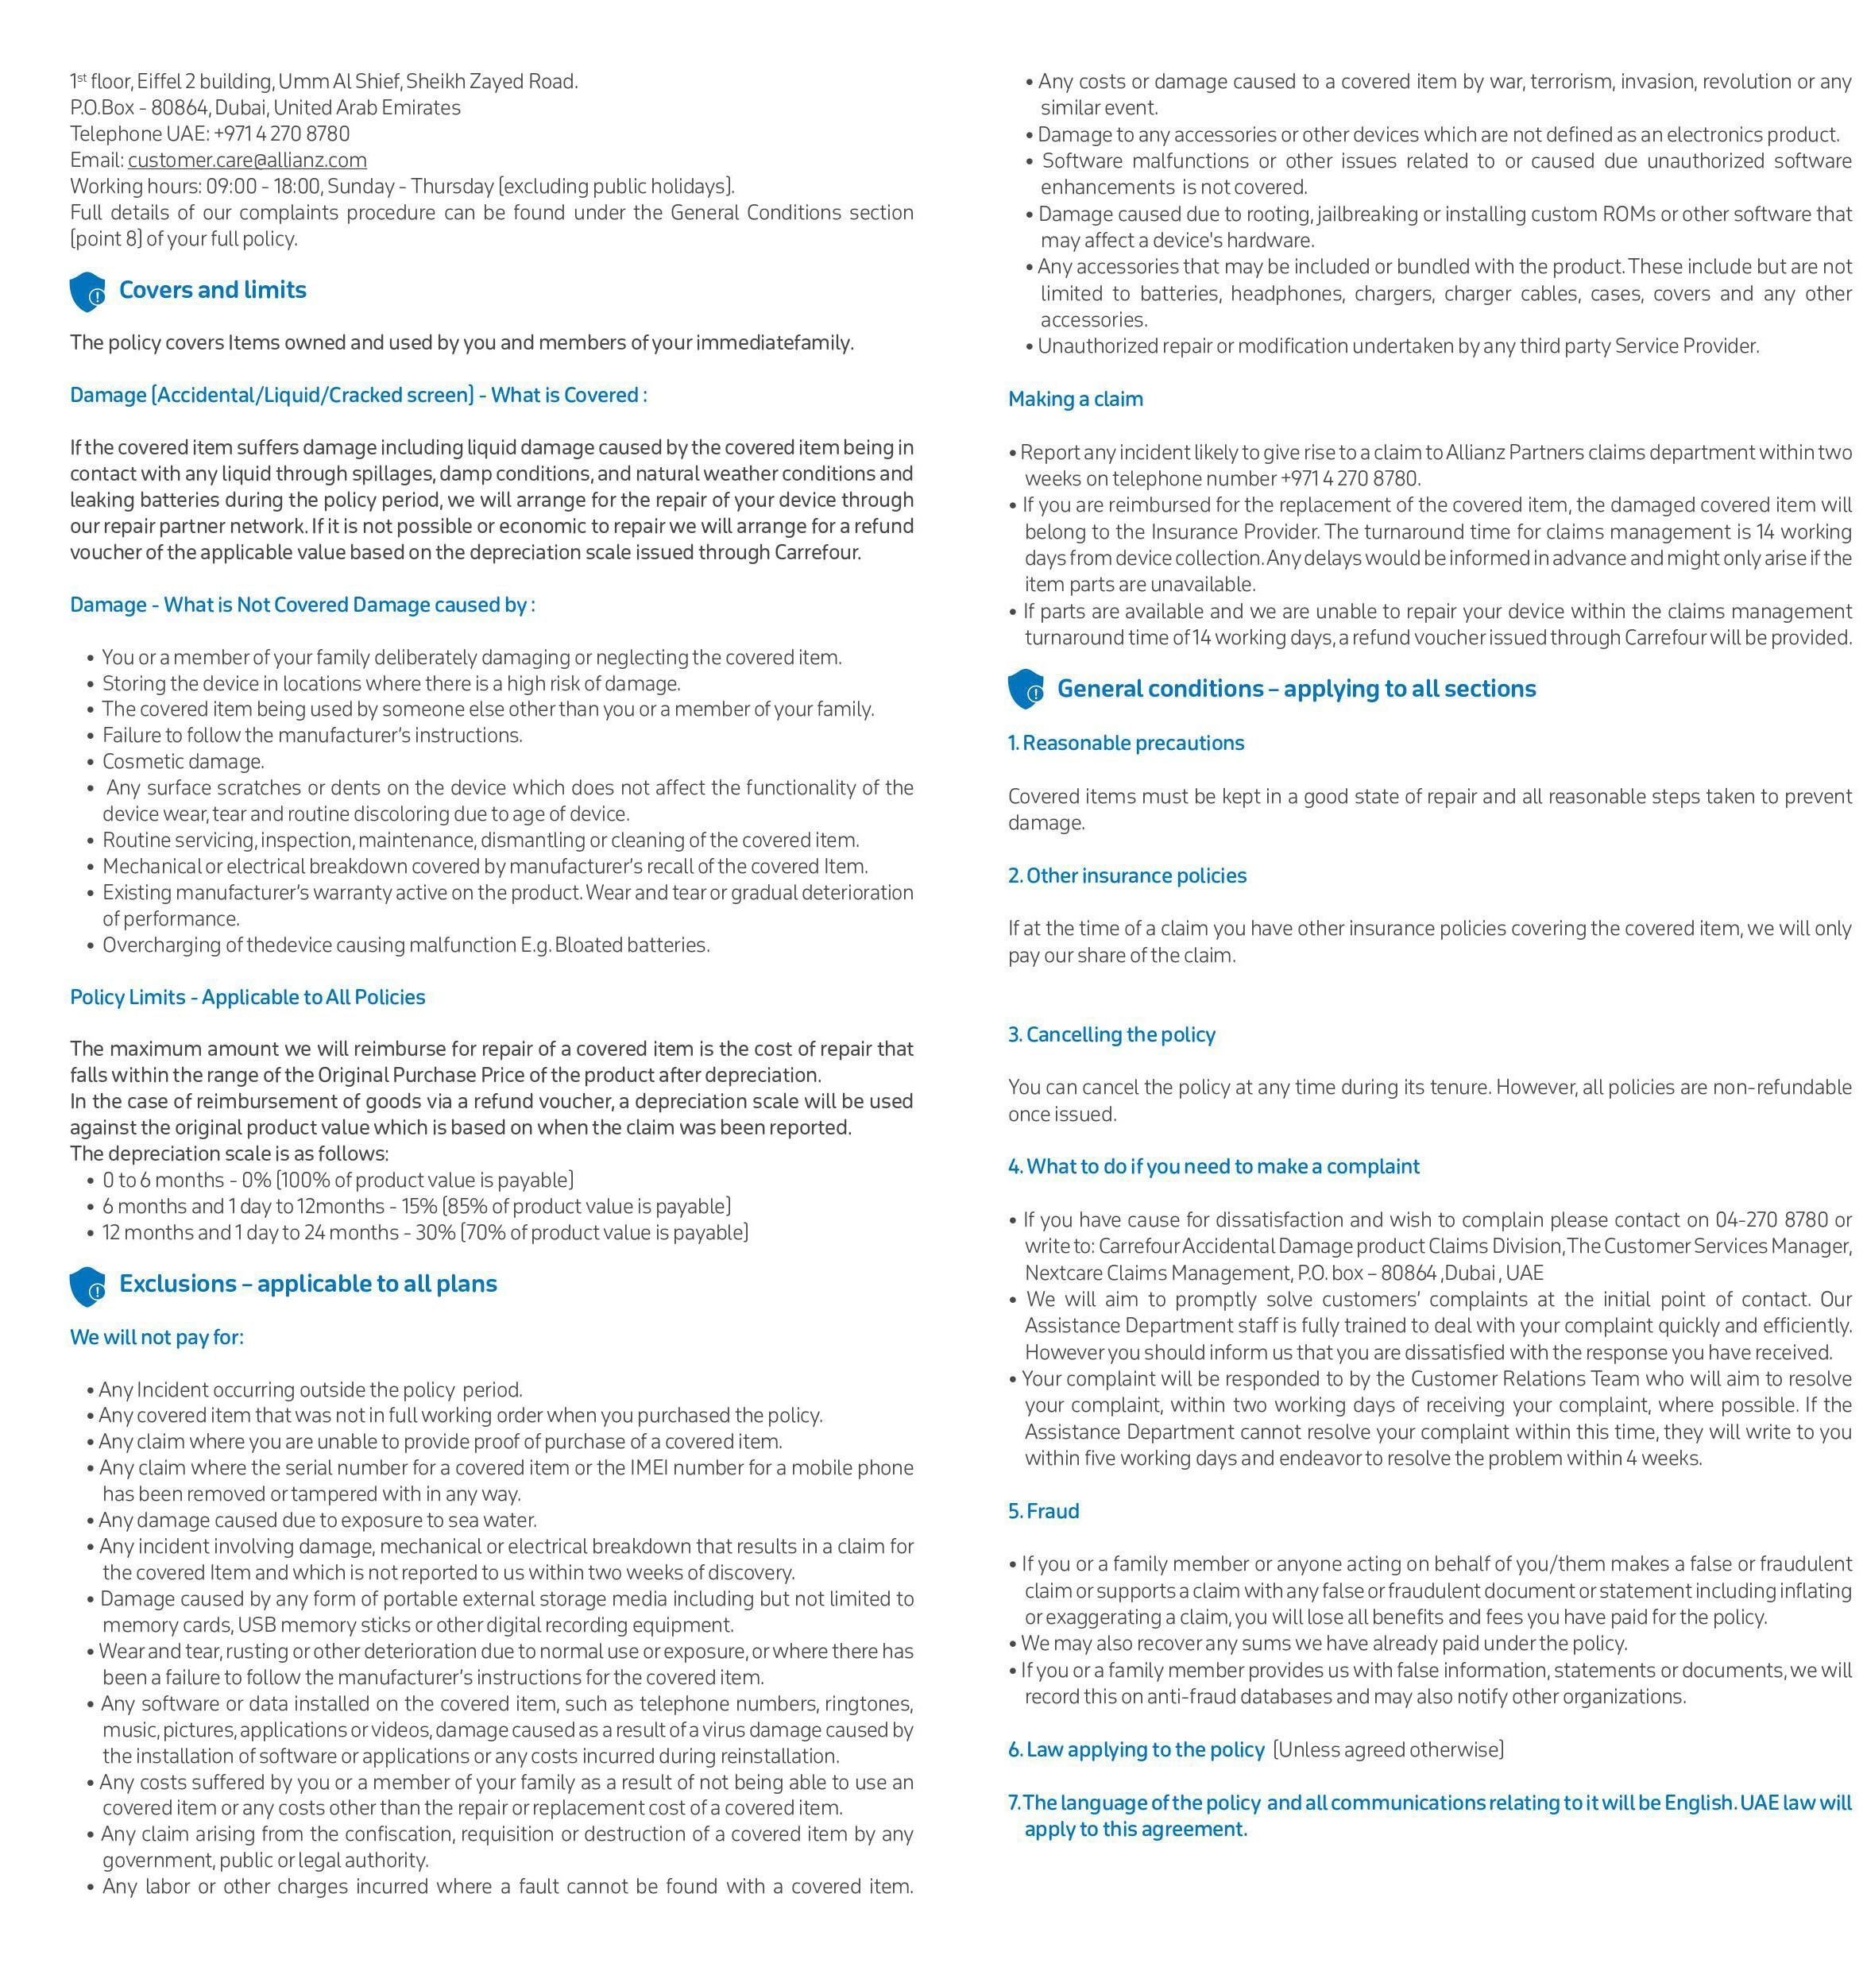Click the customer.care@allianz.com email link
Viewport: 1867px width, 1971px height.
click(247, 160)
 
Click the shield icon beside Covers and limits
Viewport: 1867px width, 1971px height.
click(87, 292)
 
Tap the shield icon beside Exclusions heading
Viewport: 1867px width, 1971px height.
click(87, 1286)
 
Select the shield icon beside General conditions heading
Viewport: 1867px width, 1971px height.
click(1026, 690)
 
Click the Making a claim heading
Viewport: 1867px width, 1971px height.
click(1075, 399)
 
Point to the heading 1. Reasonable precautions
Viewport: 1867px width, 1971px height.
click(1126, 744)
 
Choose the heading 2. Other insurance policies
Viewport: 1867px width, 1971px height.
click(1127, 875)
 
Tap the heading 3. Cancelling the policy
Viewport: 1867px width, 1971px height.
click(1111, 1034)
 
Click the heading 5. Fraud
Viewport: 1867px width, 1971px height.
click(1043, 1511)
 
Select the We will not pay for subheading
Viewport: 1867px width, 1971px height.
click(157, 1337)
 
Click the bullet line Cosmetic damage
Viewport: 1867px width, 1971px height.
click(183, 762)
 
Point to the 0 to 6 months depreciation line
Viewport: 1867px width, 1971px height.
click(338, 1180)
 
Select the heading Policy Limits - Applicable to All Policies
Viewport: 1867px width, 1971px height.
click(247, 997)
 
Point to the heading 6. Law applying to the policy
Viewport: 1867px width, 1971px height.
click(1135, 1750)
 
